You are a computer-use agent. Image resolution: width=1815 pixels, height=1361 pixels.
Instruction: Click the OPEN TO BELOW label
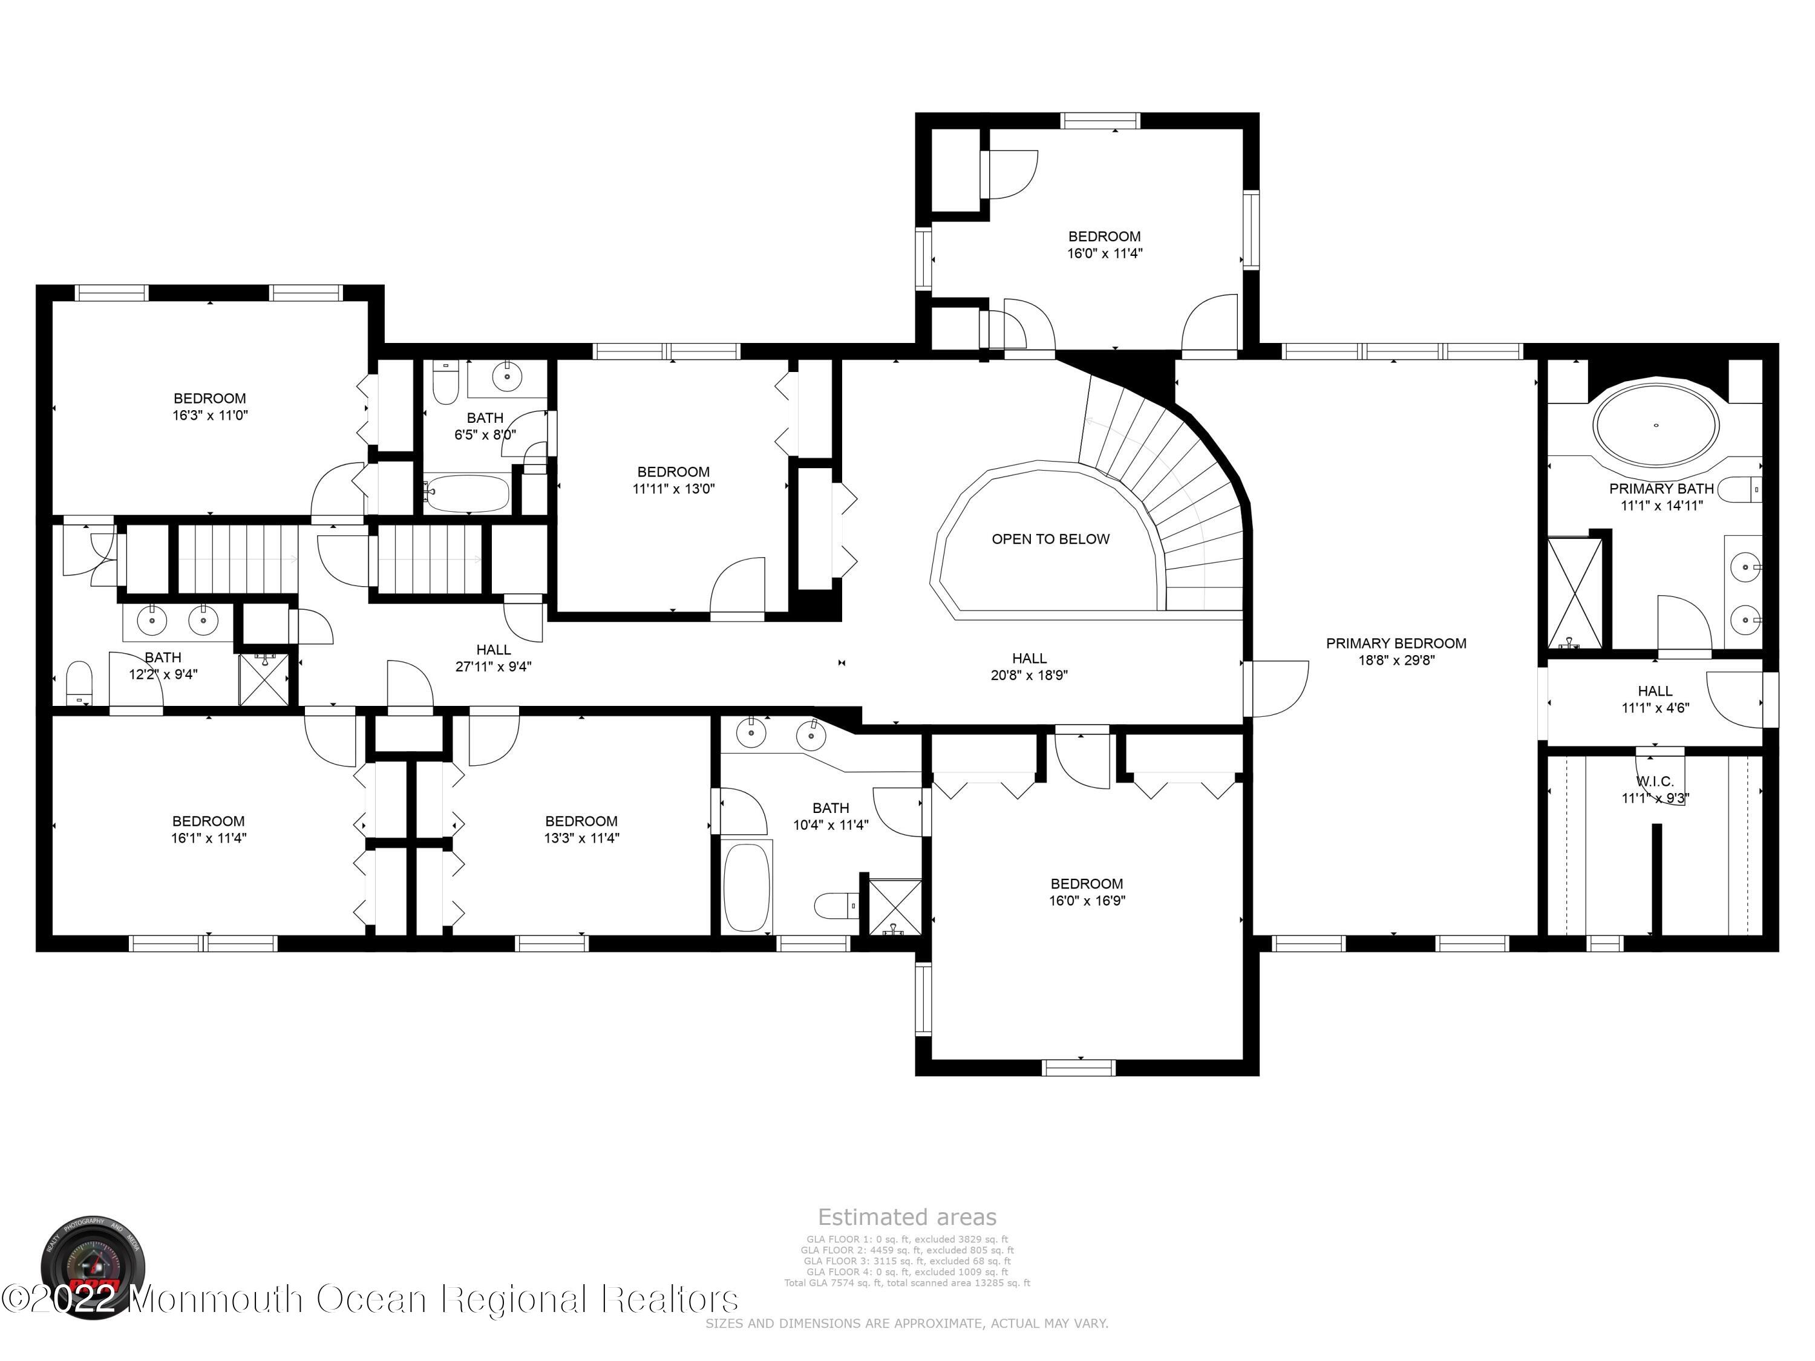pos(1050,539)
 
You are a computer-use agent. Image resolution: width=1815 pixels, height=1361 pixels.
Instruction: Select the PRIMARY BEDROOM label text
pos(1396,643)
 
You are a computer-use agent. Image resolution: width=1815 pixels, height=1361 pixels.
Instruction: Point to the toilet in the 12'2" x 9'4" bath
pos(79,682)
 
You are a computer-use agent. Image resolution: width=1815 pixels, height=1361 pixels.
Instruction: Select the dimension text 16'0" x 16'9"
pos(1087,901)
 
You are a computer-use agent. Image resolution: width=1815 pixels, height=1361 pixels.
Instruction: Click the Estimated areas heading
pos(907,1216)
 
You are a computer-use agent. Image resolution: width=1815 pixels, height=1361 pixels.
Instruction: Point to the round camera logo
pos(92,1267)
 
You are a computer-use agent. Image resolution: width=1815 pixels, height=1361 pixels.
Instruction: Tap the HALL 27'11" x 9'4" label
pos(493,658)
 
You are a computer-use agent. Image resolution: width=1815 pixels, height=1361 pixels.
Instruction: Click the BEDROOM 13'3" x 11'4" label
pos(581,829)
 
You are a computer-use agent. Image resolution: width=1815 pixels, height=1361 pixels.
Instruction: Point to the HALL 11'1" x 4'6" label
pos(1655,699)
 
